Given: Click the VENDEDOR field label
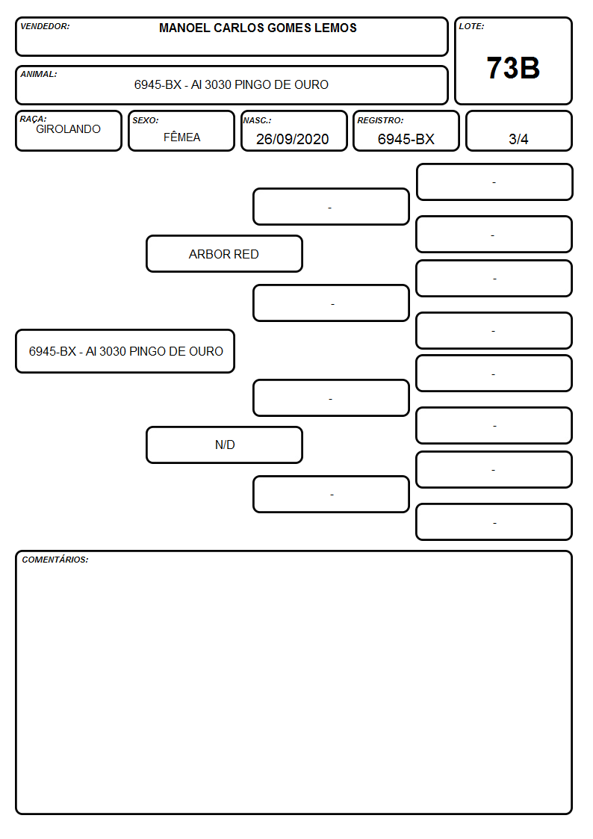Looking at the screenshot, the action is pos(45,26).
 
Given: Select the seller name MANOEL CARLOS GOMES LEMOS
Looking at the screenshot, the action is pos(258,28).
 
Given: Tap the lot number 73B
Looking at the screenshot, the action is pos(513,68).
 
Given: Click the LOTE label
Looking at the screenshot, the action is pos(471,26).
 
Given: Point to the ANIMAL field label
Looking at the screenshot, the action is pos(39,75).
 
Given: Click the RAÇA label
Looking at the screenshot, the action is pos(33,119).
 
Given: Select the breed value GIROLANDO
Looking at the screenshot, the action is pos(69,129).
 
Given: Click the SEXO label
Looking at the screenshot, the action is pos(146,120).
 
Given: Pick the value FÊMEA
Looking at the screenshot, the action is pos(181,137).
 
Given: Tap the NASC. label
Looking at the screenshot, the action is pos(257,120).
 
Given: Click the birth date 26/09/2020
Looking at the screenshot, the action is pos(293,139).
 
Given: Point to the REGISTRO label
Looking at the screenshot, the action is pos(380,120).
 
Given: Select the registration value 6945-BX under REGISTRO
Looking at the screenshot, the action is pos(406,139).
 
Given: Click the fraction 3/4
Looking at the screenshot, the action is pos(518,139).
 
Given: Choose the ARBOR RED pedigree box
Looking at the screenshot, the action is pos(224,253).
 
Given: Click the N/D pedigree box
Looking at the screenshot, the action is pos(224,445).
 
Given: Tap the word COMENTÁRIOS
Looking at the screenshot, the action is pos(55,560).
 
